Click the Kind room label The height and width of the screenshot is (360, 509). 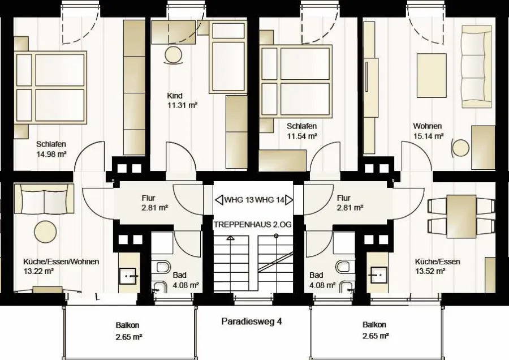175,96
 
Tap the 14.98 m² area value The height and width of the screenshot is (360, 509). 51,154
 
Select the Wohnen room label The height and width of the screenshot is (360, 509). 427,126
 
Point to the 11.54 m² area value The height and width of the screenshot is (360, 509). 302,136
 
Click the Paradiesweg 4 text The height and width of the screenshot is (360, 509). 252,322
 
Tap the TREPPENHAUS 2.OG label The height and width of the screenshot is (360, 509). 252,225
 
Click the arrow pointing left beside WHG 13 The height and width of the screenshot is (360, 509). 219,200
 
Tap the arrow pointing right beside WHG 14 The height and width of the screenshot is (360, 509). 289,200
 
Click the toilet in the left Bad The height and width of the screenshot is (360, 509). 161,267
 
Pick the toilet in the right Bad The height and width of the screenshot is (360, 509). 343,267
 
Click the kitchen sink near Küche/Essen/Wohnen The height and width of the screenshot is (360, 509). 128,276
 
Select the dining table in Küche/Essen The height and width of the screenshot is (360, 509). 461,216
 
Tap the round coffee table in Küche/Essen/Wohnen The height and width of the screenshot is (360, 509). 45,232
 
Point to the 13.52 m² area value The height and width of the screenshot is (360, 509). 430,271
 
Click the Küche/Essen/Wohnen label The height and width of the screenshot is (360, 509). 61,262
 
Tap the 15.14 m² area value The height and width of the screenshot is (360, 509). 428,136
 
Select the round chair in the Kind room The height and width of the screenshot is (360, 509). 174,55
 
